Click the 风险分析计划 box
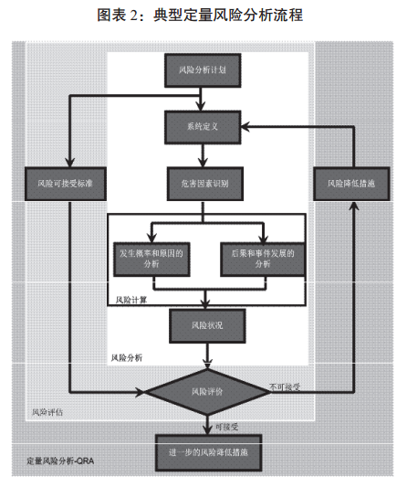[x=203, y=70]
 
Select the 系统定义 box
[x=203, y=127]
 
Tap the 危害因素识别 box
[x=204, y=184]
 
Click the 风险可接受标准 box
[x=66, y=184]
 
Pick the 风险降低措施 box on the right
[x=351, y=184]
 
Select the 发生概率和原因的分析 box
[x=151, y=259]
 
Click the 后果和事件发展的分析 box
[x=263, y=259]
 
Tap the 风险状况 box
[x=207, y=326]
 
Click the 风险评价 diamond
[x=207, y=392]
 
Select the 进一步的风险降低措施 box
[x=208, y=452]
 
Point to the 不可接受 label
[x=285, y=387]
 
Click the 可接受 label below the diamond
[x=226, y=427]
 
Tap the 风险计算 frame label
[x=131, y=300]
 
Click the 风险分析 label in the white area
[x=127, y=358]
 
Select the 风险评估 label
[x=47, y=412]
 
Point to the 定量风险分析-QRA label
[x=60, y=461]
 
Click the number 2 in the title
[x=134, y=16]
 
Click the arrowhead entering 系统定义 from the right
[x=245, y=127]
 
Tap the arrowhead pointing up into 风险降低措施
[x=354, y=206]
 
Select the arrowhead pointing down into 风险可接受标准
[x=69, y=163]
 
